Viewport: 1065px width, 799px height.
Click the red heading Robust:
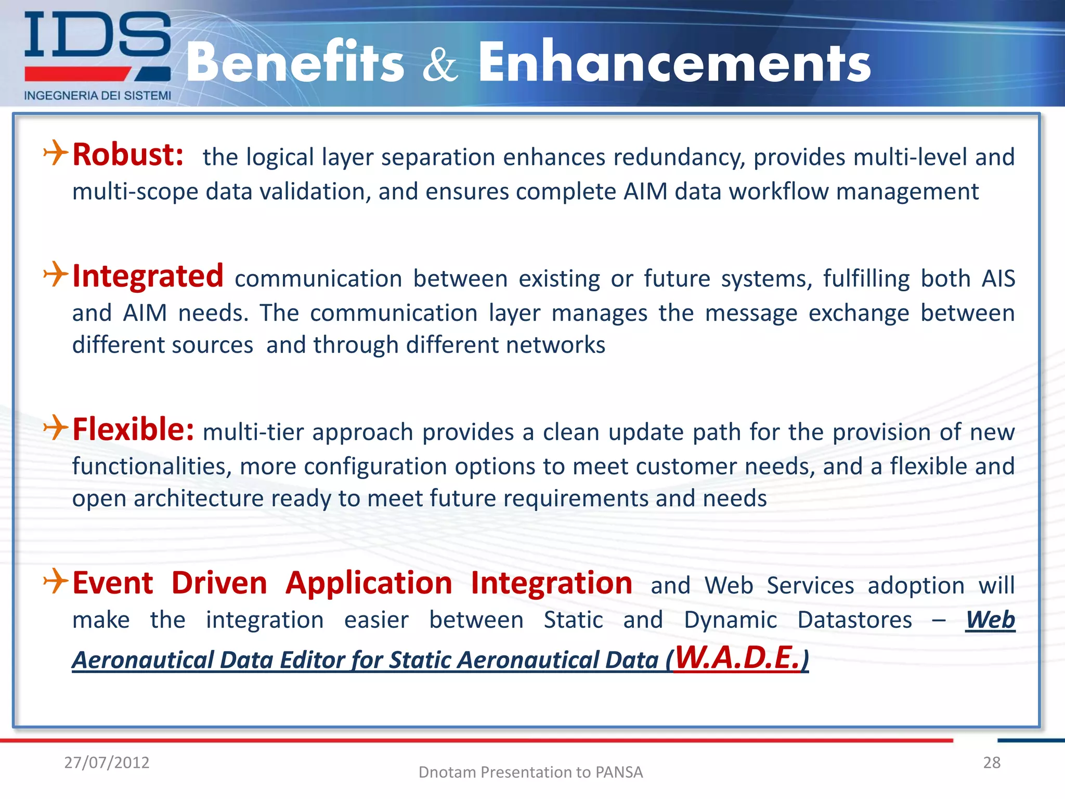click(128, 155)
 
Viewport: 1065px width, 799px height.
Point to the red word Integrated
click(148, 276)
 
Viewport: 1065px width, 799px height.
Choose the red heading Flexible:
click(133, 430)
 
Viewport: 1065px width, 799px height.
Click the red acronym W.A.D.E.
click(736, 658)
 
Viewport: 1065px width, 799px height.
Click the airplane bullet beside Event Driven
click(56, 581)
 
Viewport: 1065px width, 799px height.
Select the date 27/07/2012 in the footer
click(107, 763)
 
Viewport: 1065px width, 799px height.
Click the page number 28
click(992, 763)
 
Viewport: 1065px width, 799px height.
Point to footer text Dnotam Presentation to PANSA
click(530, 772)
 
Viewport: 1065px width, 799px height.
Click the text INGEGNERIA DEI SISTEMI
click(97, 96)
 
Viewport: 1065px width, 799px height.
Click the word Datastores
click(854, 620)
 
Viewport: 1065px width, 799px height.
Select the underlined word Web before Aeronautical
click(990, 620)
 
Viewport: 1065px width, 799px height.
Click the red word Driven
click(219, 584)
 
